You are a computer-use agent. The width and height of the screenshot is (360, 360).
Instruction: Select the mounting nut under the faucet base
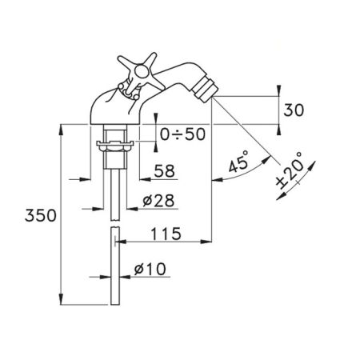click(x=115, y=146)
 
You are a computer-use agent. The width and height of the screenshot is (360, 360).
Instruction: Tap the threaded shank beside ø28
click(x=115, y=188)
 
